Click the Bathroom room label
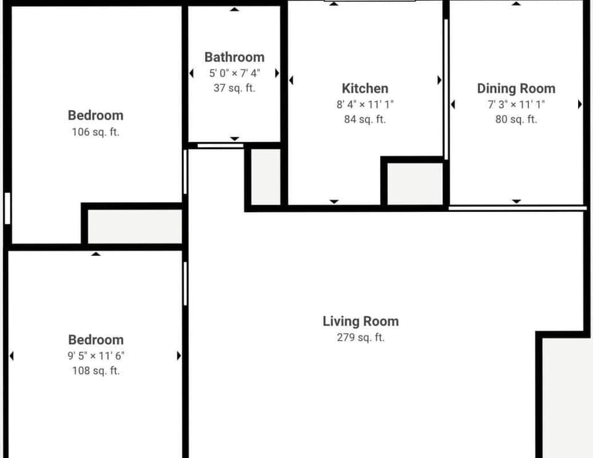click(234, 57)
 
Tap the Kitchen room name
click(365, 88)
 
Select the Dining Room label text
click(516, 88)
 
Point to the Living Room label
click(361, 321)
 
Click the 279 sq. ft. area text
click(361, 337)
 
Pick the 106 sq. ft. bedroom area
click(96, 132)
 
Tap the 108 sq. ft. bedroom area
click(96, 371)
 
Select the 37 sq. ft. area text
click(234, 88)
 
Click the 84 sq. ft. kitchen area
click(365, 119)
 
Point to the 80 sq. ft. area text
click(516, 119)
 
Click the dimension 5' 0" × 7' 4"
click(234, 73)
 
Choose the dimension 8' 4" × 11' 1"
click(365, 104)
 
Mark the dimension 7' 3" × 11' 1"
click(516, 104)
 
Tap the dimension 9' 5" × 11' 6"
click(96, 355)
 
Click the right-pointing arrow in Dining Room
click(579, 104)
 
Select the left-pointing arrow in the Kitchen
click(291, 80)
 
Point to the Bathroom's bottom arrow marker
click(234, 139)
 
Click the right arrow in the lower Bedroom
click(179, 355)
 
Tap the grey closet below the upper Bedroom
click(135, 226)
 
